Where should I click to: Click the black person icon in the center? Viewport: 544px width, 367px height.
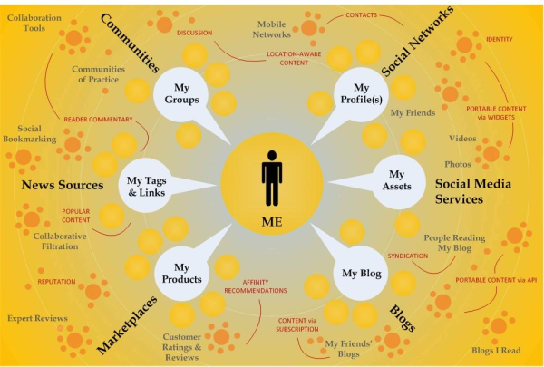coord(272,178)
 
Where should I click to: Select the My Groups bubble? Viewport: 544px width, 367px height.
coord(180,93)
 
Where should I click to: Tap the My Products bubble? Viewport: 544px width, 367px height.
coord(180,272)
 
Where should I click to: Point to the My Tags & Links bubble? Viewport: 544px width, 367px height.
coord(147,187)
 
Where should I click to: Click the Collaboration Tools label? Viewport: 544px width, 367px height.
coord(33,23)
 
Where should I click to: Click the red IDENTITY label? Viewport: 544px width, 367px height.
coord(500,39)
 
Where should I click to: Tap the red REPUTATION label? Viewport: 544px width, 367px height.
coord(56,282)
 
